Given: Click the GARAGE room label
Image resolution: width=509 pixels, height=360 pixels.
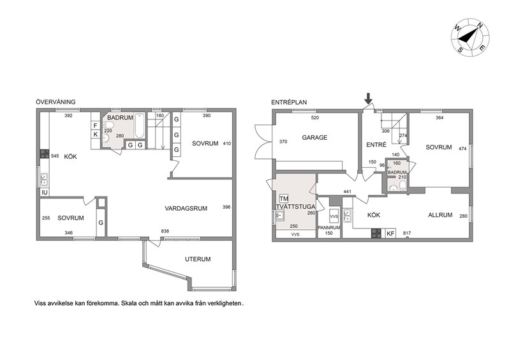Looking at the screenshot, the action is click(314, 137).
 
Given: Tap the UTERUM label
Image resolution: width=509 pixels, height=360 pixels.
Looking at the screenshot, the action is click(198, 259).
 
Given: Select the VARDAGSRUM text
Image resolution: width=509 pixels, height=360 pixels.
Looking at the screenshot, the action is click(186, 209).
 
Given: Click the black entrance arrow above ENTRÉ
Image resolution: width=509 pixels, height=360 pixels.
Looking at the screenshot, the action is click(368, 98).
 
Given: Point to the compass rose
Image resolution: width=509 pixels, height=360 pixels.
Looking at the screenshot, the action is click(470, 38).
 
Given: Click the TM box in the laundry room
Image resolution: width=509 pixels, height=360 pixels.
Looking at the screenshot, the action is click(284, 199).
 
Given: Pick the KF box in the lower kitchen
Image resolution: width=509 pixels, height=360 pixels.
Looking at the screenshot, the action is click(391, 233).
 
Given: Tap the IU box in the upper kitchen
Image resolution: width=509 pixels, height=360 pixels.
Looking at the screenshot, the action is click(45, 192).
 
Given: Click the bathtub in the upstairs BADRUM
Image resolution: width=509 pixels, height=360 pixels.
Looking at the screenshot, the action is click(140, 125).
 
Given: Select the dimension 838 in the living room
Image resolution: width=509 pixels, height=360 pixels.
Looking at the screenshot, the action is click(165, 231).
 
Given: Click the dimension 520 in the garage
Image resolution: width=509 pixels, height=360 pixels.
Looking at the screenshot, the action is click(315, 117).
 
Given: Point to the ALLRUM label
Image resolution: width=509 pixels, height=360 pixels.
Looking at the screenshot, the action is click(440, 215).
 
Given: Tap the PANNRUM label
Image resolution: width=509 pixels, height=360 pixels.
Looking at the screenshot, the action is click(329, 228).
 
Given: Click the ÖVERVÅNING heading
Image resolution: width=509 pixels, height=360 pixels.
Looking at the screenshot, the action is click(55, 101).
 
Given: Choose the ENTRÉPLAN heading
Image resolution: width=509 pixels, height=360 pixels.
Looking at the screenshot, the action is click(289, 102).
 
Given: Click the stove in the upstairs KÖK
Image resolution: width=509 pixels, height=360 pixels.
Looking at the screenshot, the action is click(45, 154).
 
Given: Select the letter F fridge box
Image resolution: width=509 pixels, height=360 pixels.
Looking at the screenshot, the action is click(96, 125).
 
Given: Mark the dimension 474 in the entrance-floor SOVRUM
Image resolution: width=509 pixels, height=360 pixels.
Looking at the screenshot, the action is click(462, 149).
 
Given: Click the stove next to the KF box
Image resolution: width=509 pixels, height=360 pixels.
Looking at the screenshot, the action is click(376, 233).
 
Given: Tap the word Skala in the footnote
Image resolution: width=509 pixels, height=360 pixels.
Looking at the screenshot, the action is click(129, 303).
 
